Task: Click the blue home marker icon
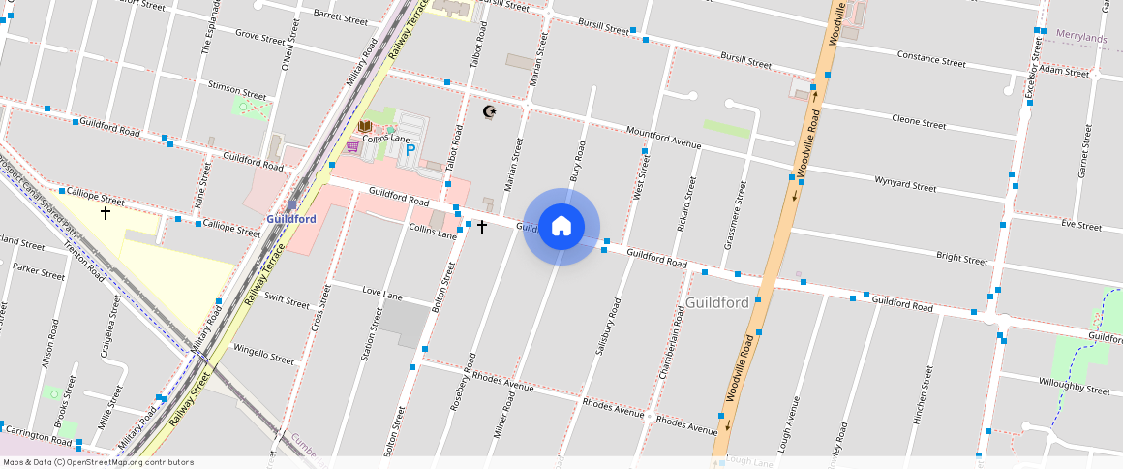[561, 227]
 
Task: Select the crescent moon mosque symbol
[490, 112]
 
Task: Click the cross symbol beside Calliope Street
[106, 212]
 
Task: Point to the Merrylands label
[1081, 36]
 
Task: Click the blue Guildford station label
[291, 219]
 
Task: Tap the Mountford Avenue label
[663, 138]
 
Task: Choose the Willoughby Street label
[1070, 390]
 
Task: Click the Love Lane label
[381, 292]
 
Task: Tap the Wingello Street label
[263, 352]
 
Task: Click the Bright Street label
[961, 259]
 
